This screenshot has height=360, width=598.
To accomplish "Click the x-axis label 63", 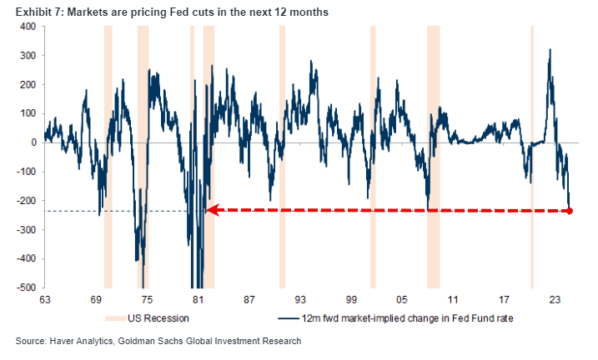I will pos(44,298).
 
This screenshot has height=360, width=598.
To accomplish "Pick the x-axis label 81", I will pos(198,298).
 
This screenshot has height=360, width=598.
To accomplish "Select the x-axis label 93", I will pos(300,298).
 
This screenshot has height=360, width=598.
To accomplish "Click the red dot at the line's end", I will pos(570,211).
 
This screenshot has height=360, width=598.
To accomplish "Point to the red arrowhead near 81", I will pos(212,211).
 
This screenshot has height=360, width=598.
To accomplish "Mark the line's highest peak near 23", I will pos(550,50).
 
